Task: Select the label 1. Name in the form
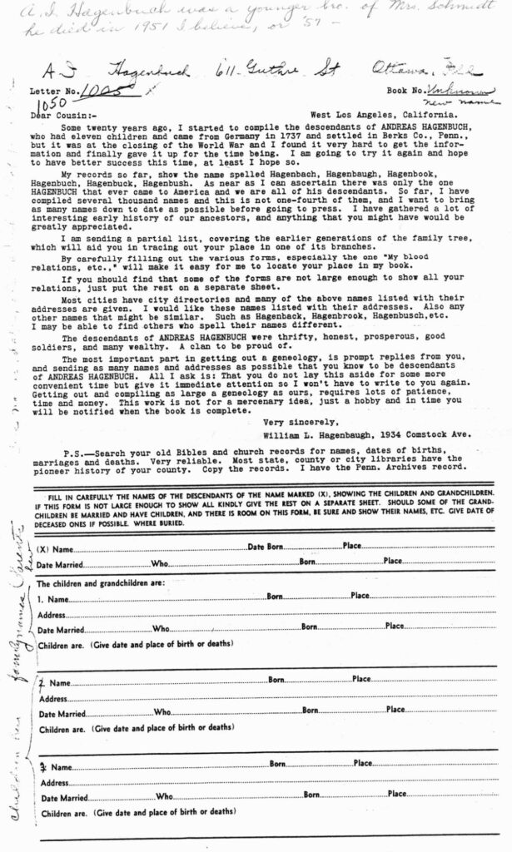[53, 598]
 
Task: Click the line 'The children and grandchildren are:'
[101, 582]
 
